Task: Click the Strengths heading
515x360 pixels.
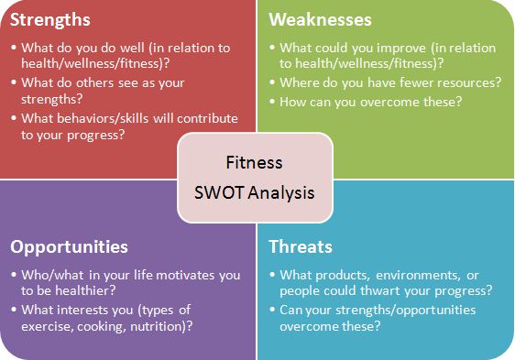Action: [50, 20]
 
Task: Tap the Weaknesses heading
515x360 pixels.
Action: [320, 19]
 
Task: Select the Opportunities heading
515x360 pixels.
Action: [69, 247]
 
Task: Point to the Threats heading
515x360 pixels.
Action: [301, 246]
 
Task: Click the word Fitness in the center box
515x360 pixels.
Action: [254, 162]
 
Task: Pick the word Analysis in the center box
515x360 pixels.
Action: [281, 193]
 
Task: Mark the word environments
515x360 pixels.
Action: [418, 276]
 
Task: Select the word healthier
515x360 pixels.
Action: [85, 290]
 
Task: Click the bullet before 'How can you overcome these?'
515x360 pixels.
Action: [272, 101]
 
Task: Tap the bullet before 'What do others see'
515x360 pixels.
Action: [14, 82]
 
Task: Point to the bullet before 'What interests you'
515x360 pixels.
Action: [14, 309]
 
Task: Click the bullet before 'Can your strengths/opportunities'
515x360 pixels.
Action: [272, 309]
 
